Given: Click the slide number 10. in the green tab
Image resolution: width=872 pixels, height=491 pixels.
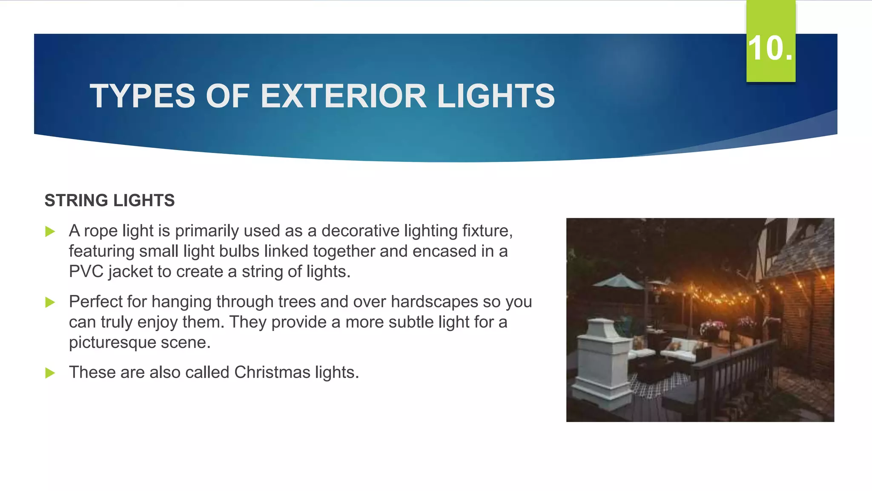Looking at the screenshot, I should tap(770, 48).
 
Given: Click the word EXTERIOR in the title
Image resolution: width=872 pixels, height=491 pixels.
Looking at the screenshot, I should tap(343, 96).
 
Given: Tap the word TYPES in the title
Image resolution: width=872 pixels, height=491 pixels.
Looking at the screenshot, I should tap(142, 96).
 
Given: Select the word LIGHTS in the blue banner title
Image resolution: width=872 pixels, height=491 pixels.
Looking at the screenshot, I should tap(496, 96).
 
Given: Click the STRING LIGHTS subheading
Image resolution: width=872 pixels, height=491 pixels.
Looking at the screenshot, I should tap(109, 200).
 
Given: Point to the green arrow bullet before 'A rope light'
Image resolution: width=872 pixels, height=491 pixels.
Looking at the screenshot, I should tap(50, 232).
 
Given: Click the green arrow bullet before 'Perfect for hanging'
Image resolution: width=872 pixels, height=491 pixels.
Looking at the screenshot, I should tap(50, 303).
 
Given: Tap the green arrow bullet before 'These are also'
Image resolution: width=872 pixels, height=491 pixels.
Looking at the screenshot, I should tap(50, 373).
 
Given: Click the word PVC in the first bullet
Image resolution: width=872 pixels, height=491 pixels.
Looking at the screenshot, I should tap(86, 271).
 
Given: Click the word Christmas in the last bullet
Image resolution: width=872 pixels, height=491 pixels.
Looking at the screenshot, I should tap(272, 372).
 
